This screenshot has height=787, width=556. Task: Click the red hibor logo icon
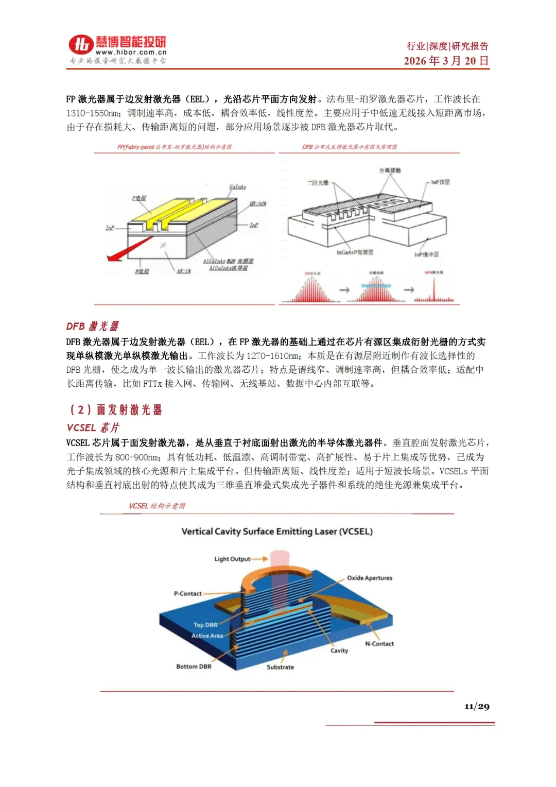click(81, 45)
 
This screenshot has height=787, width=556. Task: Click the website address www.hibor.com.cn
click(131, 52)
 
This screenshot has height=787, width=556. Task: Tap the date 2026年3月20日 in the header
click(446, 61)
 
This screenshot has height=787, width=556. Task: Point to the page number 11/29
click(477, 706)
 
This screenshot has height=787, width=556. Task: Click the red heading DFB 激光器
click(92, 326)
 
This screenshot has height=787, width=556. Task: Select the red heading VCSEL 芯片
click(93, 427)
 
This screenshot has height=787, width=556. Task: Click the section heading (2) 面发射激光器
click(116, 409)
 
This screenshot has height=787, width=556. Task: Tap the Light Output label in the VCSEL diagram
click(232, 559)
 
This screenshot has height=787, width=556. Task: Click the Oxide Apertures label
click(369, 578)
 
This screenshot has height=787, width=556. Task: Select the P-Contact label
click(187, 593)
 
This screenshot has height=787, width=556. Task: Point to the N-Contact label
click(379, 644)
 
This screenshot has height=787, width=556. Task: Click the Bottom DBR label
click(194, 666)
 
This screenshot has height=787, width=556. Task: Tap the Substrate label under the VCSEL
click(280, 667)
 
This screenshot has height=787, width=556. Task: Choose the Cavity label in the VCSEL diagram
click(339, 651)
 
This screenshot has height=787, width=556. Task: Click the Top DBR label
click(205, 625)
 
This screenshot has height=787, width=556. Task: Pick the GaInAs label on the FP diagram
click(237, 187)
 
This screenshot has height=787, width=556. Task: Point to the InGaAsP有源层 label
click(355, 252)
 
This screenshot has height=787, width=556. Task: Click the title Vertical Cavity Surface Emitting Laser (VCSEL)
click(277, 532)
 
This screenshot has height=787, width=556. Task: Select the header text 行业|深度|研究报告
click(447, 46)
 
